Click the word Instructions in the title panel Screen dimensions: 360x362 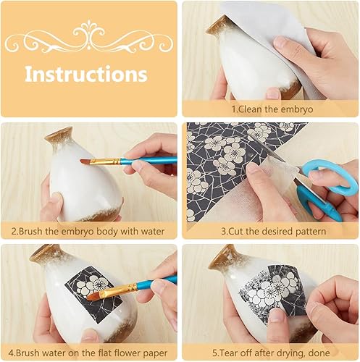[x=86, y=74]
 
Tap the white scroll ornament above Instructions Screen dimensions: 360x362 [x=89, y=38]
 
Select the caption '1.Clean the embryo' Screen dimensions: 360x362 [x=272, y=109]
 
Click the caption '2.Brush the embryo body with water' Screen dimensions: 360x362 [x=88, y=231]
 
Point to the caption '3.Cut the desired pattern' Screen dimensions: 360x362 [x=274, y=231]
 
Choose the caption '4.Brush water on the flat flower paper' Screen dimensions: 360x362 [x=88, y=353]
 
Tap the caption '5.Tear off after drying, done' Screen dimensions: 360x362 [x=271, y=353]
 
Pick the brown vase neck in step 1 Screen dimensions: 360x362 [x=219, y=27]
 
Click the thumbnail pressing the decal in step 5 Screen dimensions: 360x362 [x=277, y=314]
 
